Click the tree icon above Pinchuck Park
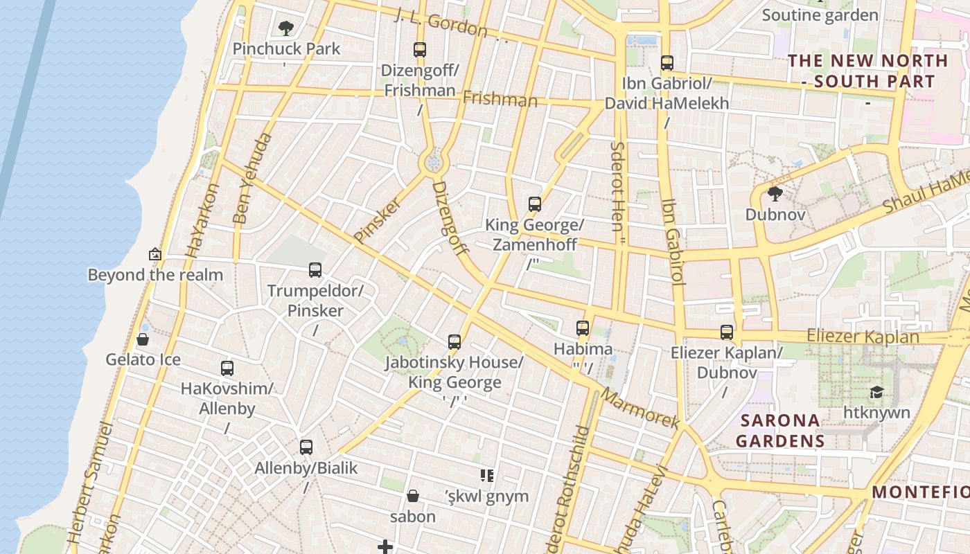click(x=285, y=28)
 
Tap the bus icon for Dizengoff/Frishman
click(x=420, y=50)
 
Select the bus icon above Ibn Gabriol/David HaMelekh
click(x=667, y=63)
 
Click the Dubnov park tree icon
click(x=775, y=194)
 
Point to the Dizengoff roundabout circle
click(x=434, y=163)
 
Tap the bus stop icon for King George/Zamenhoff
click(x=534, y=204)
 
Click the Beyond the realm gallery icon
click(x=155, y=254)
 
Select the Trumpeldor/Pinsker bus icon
click(x=315, y=270)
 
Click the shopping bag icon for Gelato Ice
click(x=143, y=339)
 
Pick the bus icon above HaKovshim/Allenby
click(x=227, y=368)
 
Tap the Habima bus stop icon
click(x=583, y=328)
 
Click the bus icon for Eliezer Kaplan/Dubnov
click(x=726, y=332)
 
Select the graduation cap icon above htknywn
click(x=876, y=392)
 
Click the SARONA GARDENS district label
click(x=780, y=431)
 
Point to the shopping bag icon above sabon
click(x=413, y=496)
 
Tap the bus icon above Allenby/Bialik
click(x=306, y=447)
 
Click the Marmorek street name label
click(x=640, y=408)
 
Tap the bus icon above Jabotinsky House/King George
click(x=455, y=342)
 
